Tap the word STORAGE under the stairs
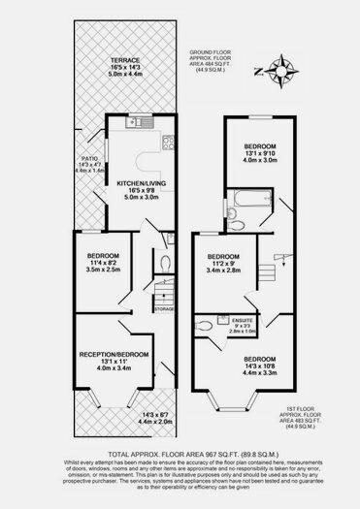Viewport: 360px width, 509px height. tap(164, 309)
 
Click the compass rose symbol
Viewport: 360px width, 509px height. tap(281, 70)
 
